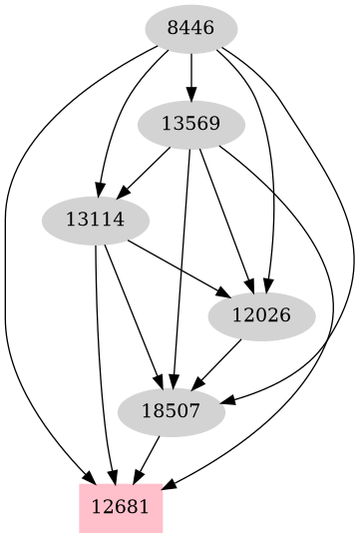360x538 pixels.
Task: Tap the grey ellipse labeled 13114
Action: (x=95, y=220)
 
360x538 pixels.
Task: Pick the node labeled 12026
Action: (x=261, y=315)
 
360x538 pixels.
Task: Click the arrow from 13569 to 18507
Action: (x=181, y=269)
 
